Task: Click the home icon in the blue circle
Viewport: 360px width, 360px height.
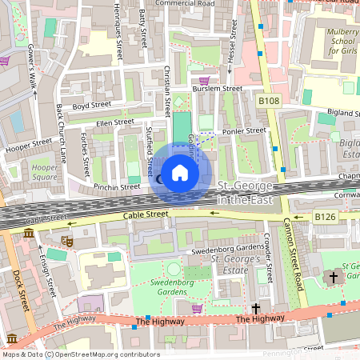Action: [x=180, y=173]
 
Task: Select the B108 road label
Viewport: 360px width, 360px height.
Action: [x=269, y=102]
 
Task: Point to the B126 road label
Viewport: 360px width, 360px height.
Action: [x=324, y=217]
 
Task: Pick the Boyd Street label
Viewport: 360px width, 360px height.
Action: [x=90, y=106]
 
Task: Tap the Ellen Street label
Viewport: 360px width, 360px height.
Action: [x=114, y=122]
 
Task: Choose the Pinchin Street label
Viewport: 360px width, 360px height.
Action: [x=116, y=186]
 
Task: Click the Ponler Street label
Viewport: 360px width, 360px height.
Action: [x=244, y=130]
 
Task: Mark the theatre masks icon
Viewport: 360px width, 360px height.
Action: [x=66, y=239]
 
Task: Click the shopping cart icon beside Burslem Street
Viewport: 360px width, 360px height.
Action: [x=204, y=81]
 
